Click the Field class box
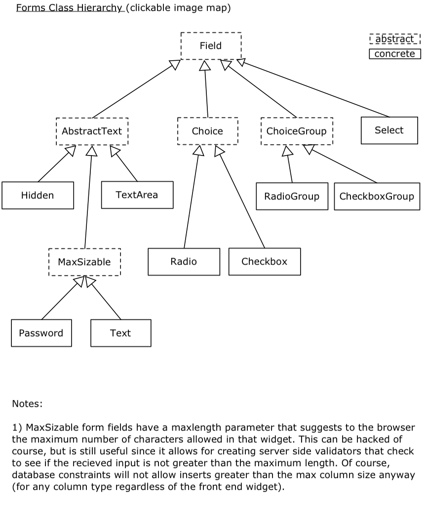pyautogui.click(x=211, y=46)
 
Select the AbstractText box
pyautogui.click(x=92, y=131)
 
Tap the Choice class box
pyautogui.click(x=207, y=131)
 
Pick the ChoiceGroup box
pyautogui.click(x=297, y=131)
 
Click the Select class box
pyautogui.click(x=389, y=130)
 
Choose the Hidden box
pyautogui.click(x=38, y=195)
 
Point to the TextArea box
pyautogui.click(x=137, y=195)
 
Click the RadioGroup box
pyautogui.click(x=292, y=196)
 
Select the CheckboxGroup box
pyautogui.click(x=377, y=196)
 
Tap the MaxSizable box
pyautogui.click(x=84, y=262)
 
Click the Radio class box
pyautogui.click(x=184, y=262)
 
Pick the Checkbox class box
pyautogui.click(x=265, y=262)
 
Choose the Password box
pyautogui.click(x=41, y=333)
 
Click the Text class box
pyautogui.click(x=120, y=333)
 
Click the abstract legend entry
pyautogui.click(x=395, y=39)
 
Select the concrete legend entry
pyautogui.click(x=395, y=54)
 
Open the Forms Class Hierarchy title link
pyautogui.click(x=69, y=7)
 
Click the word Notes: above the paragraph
pyautogui.click(x=27, y=403)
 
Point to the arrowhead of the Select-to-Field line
pyautogui.click(x=241, y=62)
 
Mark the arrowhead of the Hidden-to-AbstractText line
pyautogui.click(x=71, y=151)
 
